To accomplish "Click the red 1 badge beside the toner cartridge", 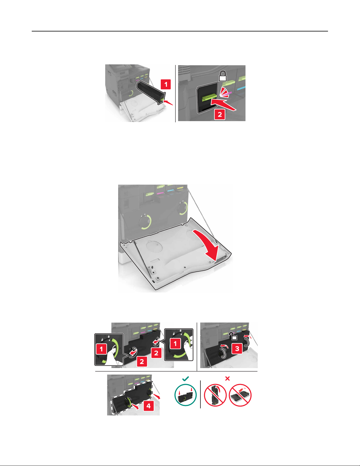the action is click(166, 84).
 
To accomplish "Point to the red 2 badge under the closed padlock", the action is click(220, 114).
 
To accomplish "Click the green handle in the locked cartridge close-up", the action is click(209, 98).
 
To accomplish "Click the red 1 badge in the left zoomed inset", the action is click(101, 349).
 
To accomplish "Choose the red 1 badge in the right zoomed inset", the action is click(175, 344).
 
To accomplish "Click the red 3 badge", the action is click(237, 349).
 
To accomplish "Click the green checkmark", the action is click(185, 379).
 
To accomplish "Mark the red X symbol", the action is click(227, 379).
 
